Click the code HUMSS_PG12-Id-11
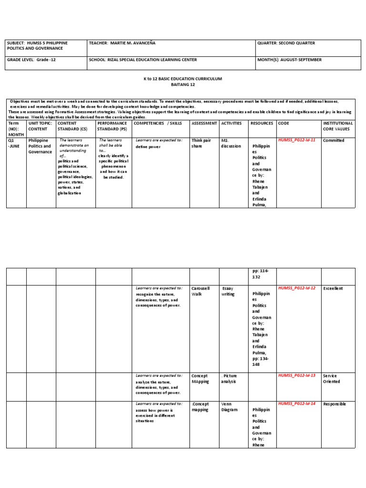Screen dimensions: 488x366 (296, 141)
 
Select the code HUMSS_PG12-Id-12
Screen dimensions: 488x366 (296, 288)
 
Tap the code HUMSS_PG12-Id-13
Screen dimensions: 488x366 (296, 376)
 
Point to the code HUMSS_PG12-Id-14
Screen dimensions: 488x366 (296, 404)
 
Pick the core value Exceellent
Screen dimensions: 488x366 (333, 289)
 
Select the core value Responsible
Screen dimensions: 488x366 (335, 404)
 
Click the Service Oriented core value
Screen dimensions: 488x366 (330, 379)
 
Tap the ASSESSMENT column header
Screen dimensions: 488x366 (204, 123)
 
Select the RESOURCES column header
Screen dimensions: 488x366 (262, 123)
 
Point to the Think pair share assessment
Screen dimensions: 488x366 (201, 143)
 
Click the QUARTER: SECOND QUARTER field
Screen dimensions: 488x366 (286, 43)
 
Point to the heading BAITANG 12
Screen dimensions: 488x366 (183, 84)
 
